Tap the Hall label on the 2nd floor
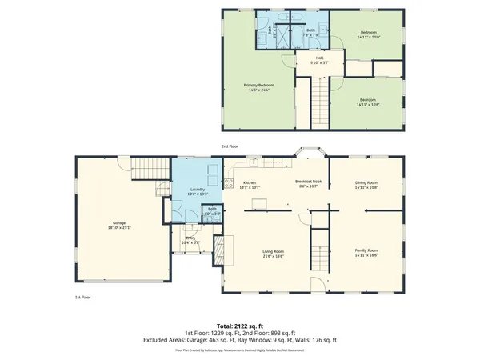pos(319,60)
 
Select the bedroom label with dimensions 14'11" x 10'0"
pos(366,34)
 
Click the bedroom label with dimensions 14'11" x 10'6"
pos(366,102)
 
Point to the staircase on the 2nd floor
pos(319,100)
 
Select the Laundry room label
pos(186,192)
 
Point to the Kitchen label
pos(249,185)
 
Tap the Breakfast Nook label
pos(307,185)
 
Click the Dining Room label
pos(366,185)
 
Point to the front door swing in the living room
pos(318,285)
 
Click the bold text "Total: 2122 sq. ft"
pos(239,326)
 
